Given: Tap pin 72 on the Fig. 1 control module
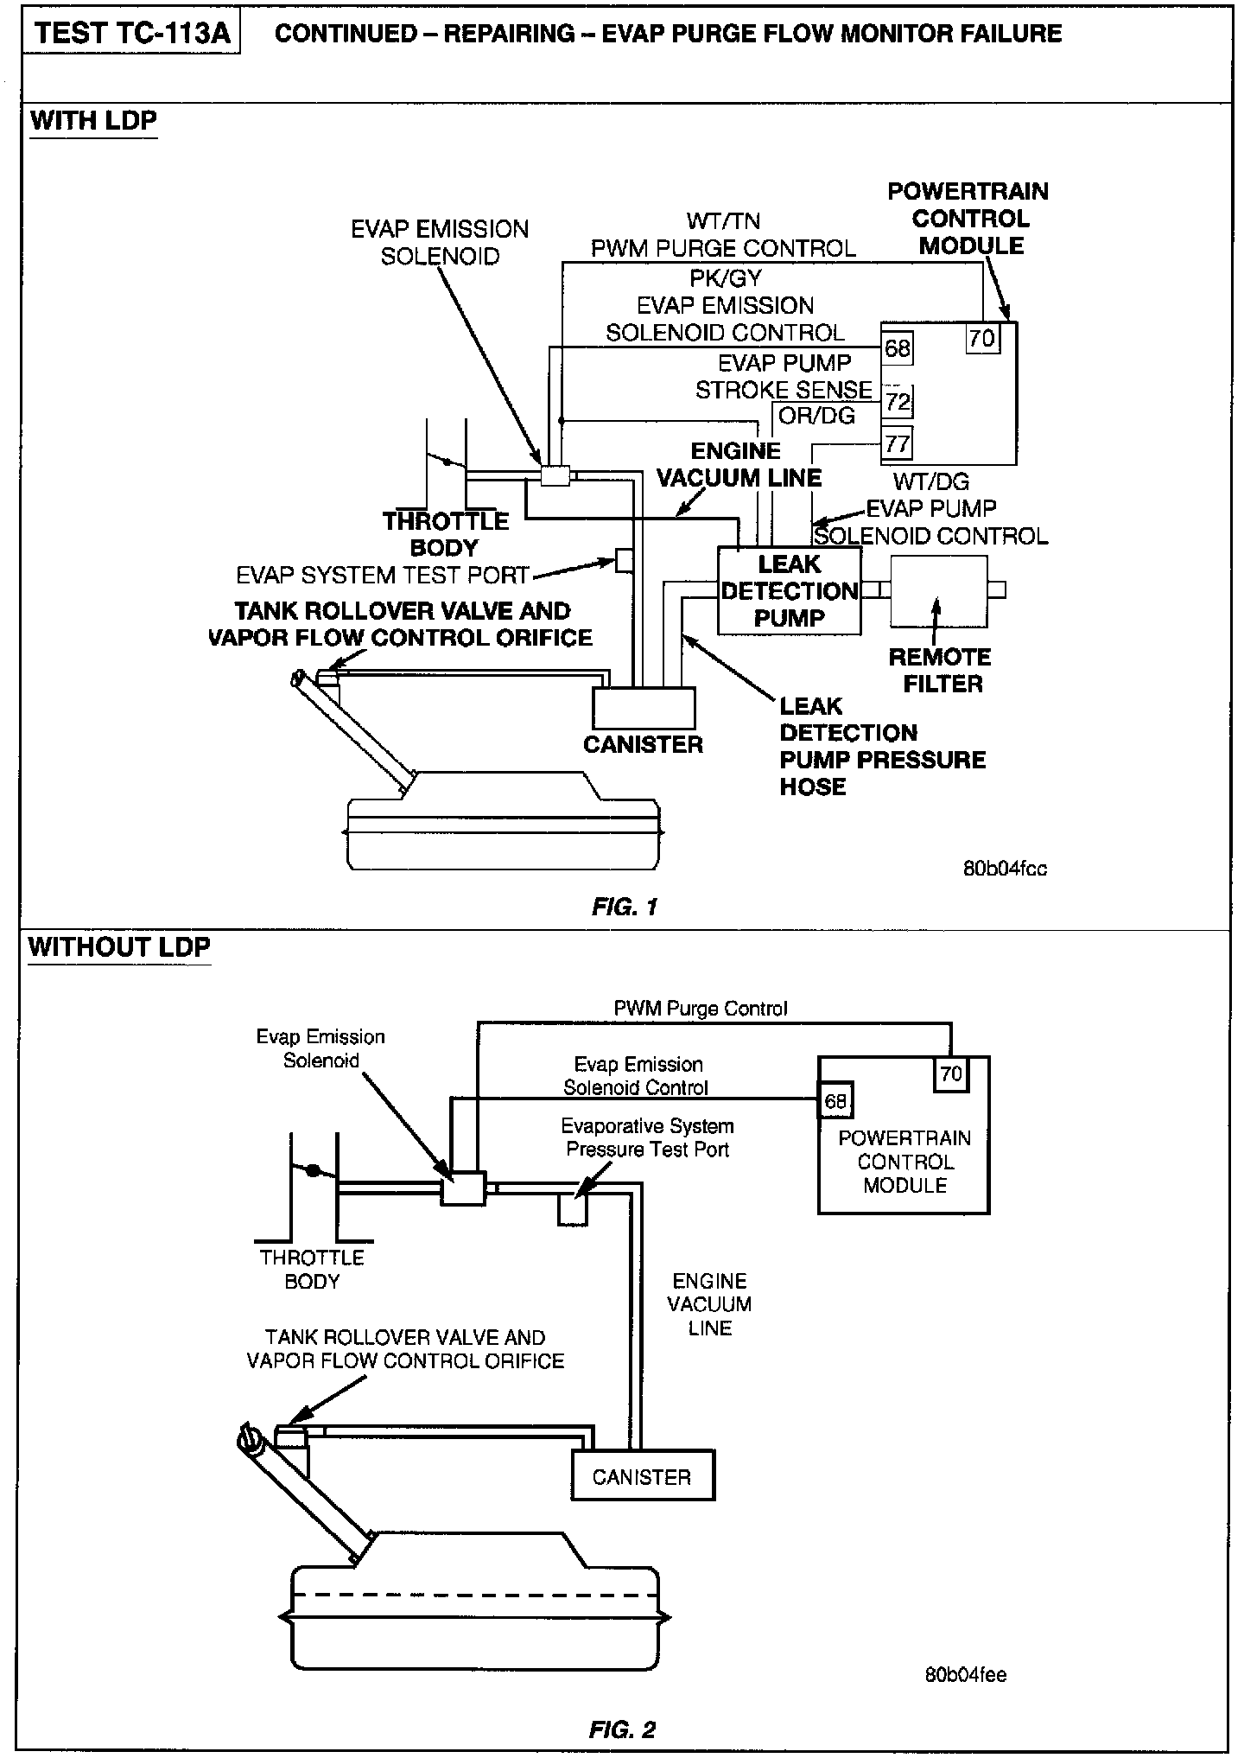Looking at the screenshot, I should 898,402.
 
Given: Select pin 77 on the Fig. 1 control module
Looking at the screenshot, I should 897,443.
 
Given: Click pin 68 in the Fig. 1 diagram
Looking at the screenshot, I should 898,348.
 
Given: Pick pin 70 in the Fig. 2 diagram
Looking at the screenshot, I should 950,1074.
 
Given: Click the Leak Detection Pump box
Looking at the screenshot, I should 790,591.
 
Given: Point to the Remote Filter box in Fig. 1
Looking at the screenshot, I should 938,591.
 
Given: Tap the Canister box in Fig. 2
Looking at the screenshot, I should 643,1476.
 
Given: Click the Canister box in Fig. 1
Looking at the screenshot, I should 644,708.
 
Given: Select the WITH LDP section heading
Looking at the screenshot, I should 93,120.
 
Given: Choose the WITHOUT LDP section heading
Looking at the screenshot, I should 119,946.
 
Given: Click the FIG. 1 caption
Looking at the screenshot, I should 625,907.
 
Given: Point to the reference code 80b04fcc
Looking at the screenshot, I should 1005,869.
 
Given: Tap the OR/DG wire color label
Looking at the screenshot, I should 816,416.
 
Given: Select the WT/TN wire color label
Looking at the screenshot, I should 723,221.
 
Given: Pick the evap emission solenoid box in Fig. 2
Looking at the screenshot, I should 463,1189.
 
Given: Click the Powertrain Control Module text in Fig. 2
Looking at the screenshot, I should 904,1162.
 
